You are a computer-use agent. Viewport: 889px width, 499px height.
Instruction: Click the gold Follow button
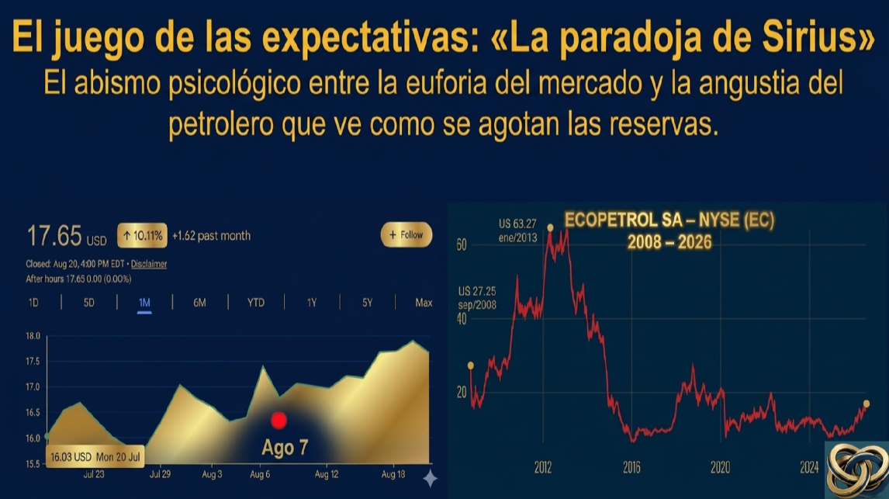(406, 235)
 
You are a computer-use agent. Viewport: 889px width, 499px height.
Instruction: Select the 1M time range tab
(144, 303)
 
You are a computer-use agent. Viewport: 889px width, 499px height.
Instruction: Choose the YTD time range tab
(256, 303)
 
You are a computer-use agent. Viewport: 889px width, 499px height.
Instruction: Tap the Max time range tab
(424, 303)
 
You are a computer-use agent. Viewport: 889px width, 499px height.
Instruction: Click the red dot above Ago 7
(278, 420)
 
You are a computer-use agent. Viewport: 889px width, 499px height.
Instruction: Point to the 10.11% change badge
(142, 235)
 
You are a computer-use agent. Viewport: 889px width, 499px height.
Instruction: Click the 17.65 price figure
(54, 236)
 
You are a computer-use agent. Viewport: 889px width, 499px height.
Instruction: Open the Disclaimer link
(148, 264)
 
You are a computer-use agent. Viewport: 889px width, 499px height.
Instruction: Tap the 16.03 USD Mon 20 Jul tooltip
(95, 456)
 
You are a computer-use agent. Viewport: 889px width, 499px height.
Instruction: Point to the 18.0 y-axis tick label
(33, 336)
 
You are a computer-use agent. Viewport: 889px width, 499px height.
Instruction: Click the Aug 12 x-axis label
(326, 474)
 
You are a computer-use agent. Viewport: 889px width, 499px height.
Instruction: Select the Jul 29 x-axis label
(160, 474)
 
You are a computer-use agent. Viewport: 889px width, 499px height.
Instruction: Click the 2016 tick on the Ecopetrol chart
(631, 467)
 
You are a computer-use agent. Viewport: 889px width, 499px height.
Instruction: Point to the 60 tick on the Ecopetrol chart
(462, 245)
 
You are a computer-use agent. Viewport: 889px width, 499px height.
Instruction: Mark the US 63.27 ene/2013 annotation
(517, 230)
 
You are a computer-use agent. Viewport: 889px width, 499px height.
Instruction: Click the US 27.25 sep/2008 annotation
(477, 298)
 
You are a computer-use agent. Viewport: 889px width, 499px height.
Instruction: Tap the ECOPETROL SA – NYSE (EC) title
(669, 220)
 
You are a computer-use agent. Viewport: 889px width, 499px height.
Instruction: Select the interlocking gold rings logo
(856, 470)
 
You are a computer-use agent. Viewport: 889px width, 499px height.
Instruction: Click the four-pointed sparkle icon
(431, 479)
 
